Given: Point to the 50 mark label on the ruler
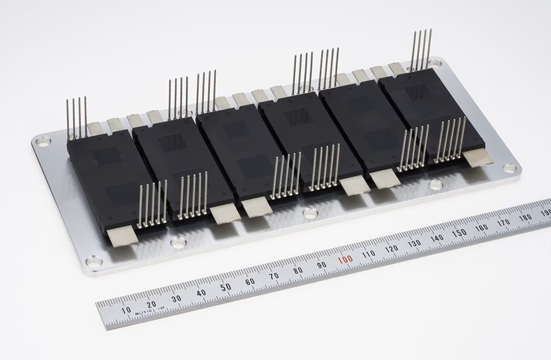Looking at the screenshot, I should [225, 287].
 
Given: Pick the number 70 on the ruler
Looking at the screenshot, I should [274, 276].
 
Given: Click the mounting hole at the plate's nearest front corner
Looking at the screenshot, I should [94, 261].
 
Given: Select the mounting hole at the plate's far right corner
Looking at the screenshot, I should [510, 168].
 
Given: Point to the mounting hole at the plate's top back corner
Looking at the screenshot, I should [435, 63].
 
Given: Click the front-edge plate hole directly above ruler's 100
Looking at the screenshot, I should [310, 213].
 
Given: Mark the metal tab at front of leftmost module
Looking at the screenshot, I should [121, 237].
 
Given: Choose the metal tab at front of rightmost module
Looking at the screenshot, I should [478, 158].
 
